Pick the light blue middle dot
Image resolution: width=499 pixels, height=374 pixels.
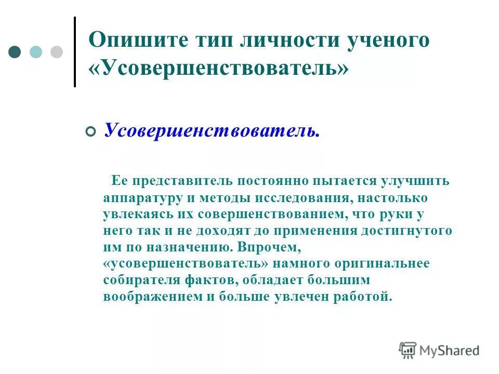click(x=36, y=52)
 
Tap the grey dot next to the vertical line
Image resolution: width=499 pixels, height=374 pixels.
click(x=56, y=52)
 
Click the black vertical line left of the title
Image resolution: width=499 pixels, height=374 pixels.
click(x=75, y=52)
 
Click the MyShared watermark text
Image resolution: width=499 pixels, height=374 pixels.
click(x=450, y=351)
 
